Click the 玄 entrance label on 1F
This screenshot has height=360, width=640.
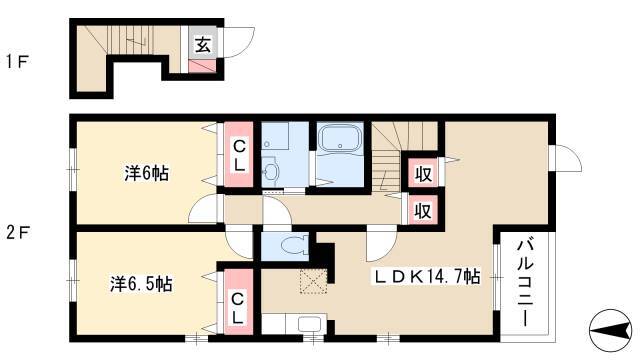point(202,44)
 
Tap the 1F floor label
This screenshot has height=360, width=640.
point(16,62)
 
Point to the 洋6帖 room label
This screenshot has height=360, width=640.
point(147,174)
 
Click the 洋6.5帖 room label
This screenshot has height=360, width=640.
point(141,284)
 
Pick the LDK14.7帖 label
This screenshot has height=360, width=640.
point(427,277)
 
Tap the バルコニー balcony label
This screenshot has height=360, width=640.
point(526,283)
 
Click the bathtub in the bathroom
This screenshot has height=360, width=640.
point(340,139)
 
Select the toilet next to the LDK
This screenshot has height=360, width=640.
point(294,244)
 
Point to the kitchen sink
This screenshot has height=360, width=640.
point(309,324)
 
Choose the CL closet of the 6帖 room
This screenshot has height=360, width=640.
point(239,155)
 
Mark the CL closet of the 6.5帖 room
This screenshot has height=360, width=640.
point(238,302)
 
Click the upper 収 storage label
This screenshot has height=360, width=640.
point(423,174)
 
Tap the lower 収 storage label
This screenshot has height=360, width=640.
point(423,211)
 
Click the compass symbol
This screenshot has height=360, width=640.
point(610,330)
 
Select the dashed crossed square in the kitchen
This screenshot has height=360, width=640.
point(314,281)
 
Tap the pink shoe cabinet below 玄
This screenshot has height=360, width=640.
point(202,66)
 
